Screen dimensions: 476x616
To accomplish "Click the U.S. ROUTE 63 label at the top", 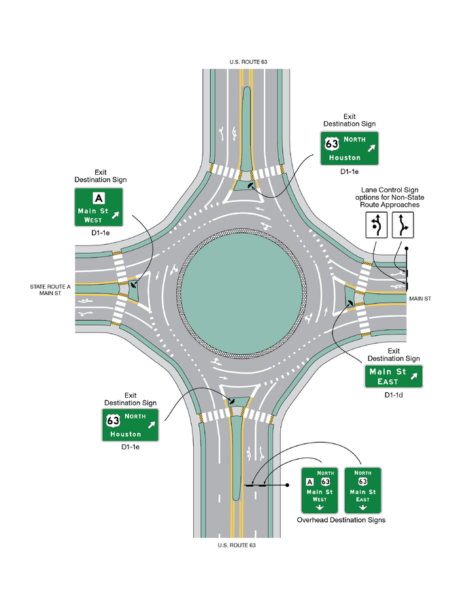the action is pos(248,62).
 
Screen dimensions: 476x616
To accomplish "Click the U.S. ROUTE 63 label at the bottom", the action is pos(237,545).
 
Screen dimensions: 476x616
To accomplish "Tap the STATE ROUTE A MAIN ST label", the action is pos(50,290).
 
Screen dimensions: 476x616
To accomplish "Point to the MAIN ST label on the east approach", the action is pos(420,299).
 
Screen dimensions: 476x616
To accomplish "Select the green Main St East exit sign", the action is pos(394,377).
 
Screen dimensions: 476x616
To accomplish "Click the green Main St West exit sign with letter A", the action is pos(99,207).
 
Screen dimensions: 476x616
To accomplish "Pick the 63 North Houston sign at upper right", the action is pos(350,148).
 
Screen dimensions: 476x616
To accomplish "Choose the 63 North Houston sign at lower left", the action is pos(130,425).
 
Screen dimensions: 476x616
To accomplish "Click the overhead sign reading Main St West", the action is pos(320,490).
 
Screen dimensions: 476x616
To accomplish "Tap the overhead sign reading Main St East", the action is pos(363,490).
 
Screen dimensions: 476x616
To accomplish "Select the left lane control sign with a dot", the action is pos(377,225).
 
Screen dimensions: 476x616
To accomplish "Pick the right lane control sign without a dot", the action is pos(403,225).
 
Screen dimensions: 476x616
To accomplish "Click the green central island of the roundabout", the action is pos(241,294).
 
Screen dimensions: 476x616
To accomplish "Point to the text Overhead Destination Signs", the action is pos(341,520).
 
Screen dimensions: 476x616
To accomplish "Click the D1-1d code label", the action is pos(394,395).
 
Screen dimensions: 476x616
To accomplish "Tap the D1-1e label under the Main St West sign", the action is pos(101,233).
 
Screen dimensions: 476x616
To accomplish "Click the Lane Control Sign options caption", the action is pos(390,197).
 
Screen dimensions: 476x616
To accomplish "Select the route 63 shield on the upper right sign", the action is pos(332,143).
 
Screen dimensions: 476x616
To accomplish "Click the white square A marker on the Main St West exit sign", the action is pos(99,198).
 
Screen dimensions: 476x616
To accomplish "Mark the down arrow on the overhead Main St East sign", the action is pos(363,507).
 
